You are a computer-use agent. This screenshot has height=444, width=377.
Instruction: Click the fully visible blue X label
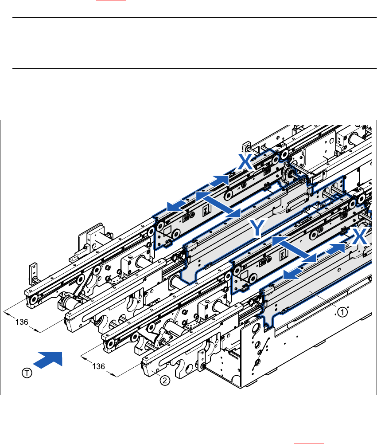pyautogui.click(x=245, y=162)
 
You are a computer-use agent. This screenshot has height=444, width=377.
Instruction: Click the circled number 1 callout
pyautogui.click(x=342, y=313)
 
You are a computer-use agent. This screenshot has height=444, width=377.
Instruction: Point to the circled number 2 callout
pyautogui.click(x=164, y=380)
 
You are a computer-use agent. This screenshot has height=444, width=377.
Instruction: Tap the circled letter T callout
pyautogui.click(x=27, y=373)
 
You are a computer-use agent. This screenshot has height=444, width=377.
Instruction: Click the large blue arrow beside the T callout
pyautogui.click(x=49, y=358)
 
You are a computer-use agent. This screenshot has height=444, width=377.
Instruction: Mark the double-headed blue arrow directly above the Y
pyautogui.click(x=218, y=204)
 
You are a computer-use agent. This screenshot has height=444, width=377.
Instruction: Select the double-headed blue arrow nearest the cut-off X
pyautogui.click(x=295, y=249)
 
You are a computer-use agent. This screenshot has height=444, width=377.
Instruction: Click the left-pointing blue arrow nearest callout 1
pyautogui.click(x=295, y=274)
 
